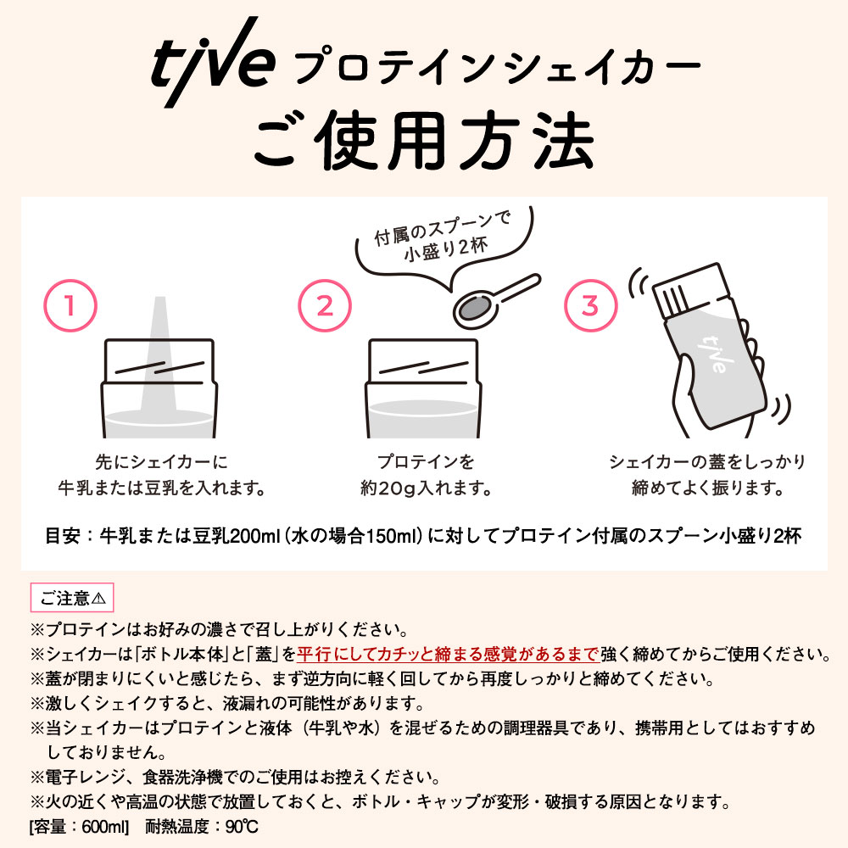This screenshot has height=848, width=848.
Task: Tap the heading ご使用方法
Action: [425, 141]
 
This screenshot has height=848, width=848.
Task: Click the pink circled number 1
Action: [70, 305]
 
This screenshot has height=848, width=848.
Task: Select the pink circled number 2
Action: [325, 305]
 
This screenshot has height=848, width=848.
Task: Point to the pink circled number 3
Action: [590, 305]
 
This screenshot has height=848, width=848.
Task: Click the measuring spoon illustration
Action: [495, 304]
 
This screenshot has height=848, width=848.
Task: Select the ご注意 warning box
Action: [72, 598]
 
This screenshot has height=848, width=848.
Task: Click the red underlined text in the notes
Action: [448, 654]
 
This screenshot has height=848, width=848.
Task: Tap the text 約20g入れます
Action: [427, 488]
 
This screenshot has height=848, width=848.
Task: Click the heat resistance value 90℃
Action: [243, 826]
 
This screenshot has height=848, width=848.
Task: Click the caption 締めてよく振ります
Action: [707, 488]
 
